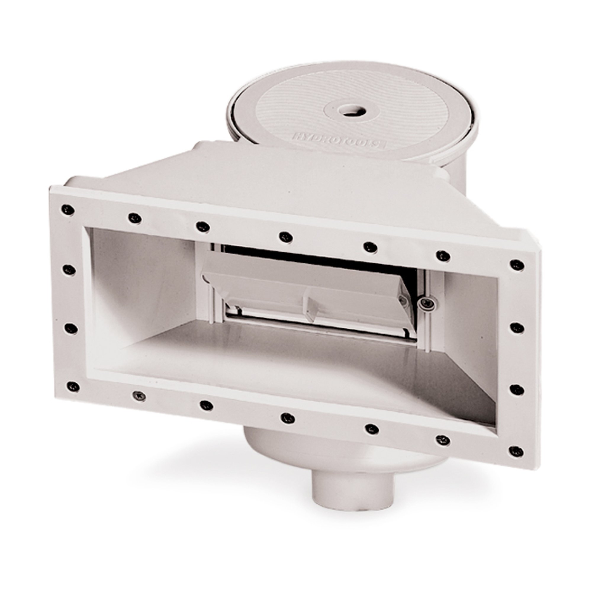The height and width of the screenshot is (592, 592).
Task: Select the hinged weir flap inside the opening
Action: (x=306, y=294)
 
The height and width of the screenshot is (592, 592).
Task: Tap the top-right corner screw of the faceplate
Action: (x=517, y=264)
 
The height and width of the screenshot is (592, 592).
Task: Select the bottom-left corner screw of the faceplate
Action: (x=73, y=386)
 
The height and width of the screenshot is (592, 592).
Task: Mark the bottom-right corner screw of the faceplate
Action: (x=517, y=451)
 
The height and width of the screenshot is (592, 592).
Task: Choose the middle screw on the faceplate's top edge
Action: (x=286, y=236)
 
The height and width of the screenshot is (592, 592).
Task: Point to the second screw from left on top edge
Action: (x=134, y=218)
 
